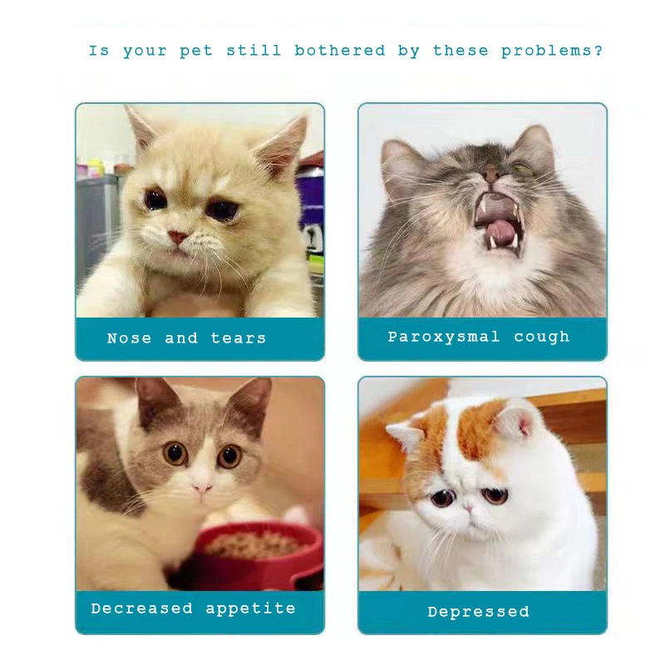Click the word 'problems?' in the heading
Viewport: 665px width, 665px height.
click(552, 52)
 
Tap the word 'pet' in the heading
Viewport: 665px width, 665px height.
click(196, 52)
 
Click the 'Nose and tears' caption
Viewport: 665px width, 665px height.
click(186, 338)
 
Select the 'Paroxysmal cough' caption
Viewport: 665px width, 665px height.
click(479, 337)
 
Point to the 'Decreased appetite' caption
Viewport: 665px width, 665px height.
click(193, 608)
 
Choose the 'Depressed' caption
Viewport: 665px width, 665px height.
click(478, 612)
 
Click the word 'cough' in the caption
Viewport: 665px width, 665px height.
click(542, 337)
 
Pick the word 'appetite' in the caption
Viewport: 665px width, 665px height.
click(250, 608)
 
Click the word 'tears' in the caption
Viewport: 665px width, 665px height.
click(239, 338)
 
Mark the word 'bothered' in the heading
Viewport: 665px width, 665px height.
click(340, 52)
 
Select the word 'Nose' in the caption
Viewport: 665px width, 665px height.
click(129, 338)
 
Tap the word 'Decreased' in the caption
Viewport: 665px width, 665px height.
click(142, 608)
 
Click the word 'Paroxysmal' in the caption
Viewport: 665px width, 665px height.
click(444, 337)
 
